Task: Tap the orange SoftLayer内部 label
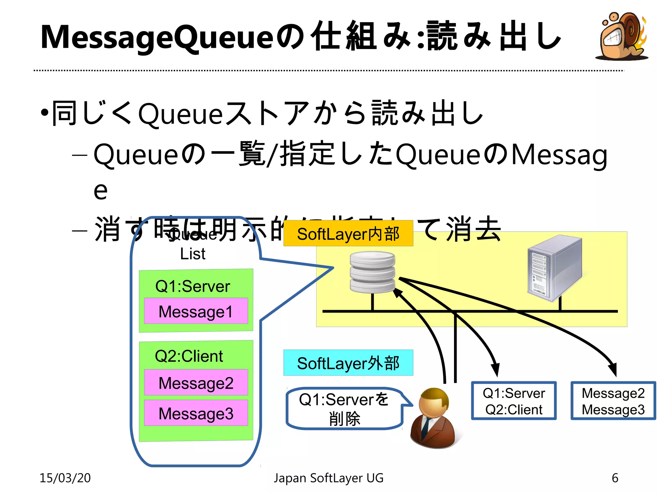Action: (x=348, y=234)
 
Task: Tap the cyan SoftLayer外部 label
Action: (x=348, y=363)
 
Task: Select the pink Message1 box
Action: (x=196, y=311)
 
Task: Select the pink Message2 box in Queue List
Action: (x=196, y=383)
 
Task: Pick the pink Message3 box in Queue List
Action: (x=196, y=413)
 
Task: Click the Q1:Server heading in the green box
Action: (x=193, y=286)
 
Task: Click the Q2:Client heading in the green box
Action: (x=189, y=356)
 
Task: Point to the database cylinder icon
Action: (x=372, y=272)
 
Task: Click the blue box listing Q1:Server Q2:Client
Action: (x=513, y=401)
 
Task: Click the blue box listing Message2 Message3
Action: (x=613, y=401)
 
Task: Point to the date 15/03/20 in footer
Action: (x=65, y=478)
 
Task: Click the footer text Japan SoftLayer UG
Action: (x=328, y=478)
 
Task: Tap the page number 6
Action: (x=615, y=478)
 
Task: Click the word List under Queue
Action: (x=193, y=254)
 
